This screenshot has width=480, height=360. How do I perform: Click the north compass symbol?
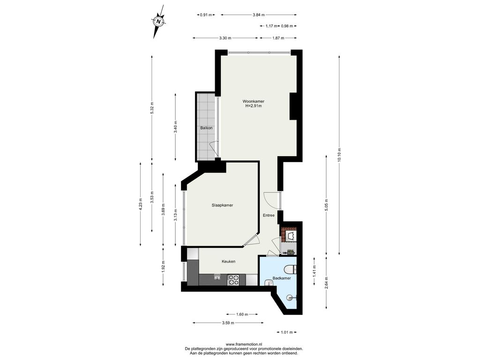[x=158, y=22]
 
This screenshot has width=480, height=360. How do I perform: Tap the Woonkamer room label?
[x=253, y=101]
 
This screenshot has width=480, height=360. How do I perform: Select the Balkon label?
[x=206, y=128]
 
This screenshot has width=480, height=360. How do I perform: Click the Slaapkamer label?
[x=222, y=205]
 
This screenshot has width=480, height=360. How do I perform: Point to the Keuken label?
[x=229, y=262]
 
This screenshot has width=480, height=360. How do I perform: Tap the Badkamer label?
[x=282, y=278]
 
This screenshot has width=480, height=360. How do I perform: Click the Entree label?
[x=269, y=215]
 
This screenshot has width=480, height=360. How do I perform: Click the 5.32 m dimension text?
[x=152, y=108]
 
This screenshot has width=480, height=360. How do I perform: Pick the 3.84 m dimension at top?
[x=259, y=15]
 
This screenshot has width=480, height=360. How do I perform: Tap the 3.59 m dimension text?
[x=228, y=322]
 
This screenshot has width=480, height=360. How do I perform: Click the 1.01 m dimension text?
[x=287, y=332]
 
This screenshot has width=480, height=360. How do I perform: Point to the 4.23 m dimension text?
[x=141, y=204]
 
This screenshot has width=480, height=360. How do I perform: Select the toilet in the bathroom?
[x=290, y=270]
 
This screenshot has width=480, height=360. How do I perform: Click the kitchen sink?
[x=217, y=277]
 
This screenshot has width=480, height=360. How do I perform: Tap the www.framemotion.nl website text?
[x=244, y=344]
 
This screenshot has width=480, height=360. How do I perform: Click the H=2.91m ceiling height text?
[x=254, y=106]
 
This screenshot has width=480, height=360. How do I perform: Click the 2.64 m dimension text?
[x=327, y=283]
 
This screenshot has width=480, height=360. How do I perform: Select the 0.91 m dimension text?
[x=206, y=15]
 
